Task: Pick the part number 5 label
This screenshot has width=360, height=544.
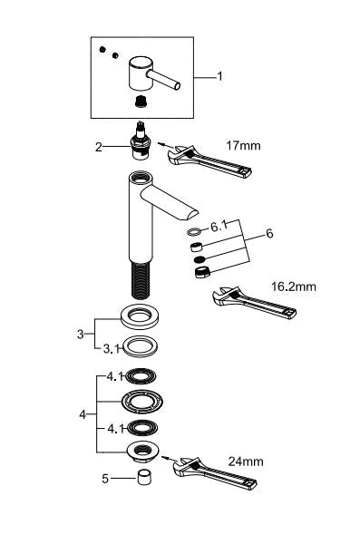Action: [x=104, y=479]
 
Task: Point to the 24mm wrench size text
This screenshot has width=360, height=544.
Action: [x=247, y=462]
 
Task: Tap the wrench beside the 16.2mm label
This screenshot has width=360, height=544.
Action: [x=251, y=304]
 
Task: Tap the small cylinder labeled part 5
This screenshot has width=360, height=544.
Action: [x=143, y=479]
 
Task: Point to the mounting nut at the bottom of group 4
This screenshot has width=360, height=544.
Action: [x=142, y=451]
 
